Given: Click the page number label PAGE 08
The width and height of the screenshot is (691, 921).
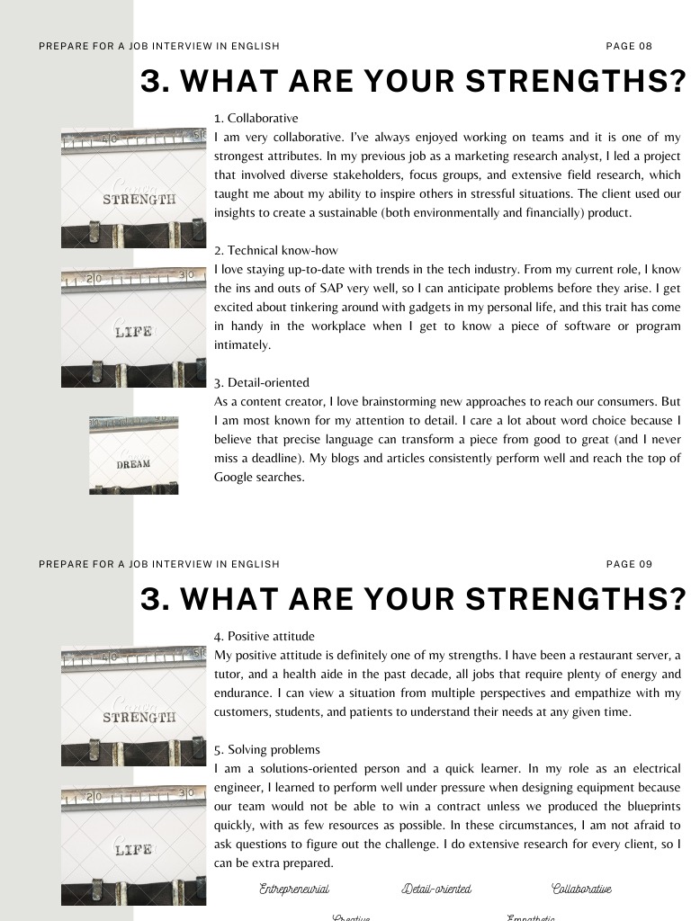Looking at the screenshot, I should [x=629, y=46].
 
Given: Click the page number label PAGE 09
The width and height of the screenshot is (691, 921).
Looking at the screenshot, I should [x=629, y=564].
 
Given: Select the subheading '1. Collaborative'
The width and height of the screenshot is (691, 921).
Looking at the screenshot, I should [x=256, y=118].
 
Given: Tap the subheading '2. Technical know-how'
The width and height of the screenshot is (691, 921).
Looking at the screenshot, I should [x=276, y=250].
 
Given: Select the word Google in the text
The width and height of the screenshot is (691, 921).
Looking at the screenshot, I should [x=235, y=478].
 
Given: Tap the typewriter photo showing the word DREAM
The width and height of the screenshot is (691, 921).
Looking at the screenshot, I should [x=133, y=455].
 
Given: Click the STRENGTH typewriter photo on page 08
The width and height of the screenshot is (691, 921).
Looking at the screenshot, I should [x=133, y=187].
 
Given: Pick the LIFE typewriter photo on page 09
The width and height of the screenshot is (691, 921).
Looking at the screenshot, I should [x=133, y=846].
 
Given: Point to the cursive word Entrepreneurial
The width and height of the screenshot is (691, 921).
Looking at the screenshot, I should [x=294, y=889].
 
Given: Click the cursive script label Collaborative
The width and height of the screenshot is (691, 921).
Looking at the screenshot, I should [x=581, y=889].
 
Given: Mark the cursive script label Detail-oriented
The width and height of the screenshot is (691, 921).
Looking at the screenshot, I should [x=436, y=889].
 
